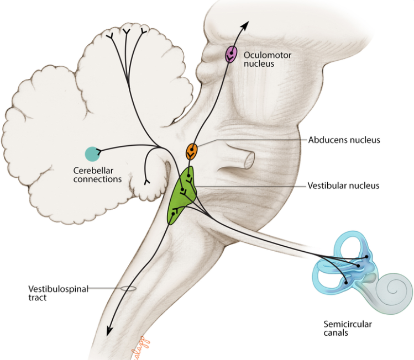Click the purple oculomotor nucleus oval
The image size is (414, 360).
(230, 55)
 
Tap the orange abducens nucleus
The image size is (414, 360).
(191, 150)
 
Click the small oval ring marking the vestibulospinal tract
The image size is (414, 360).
(129, 288)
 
